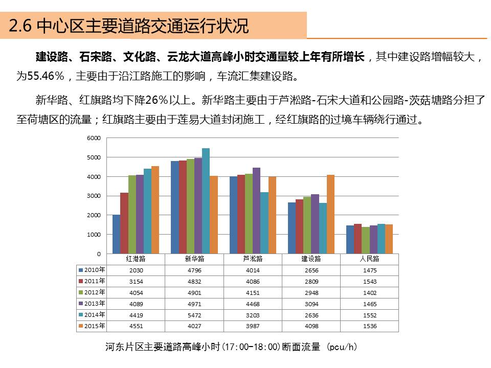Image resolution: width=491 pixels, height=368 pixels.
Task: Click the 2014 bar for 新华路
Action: (x=206, y=201)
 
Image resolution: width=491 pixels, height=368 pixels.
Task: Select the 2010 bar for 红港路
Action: (x=116, y=234)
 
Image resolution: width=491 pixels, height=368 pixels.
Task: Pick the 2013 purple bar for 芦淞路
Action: (x=256, y=211)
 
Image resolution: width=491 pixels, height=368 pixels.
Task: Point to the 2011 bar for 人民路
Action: (x=358, y=239)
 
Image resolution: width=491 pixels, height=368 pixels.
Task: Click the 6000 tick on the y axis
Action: (x=94, y=138)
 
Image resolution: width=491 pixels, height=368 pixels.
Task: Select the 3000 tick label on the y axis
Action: (x=94, y=196)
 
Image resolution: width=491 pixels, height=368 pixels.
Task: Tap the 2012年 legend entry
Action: (x=92, y=292)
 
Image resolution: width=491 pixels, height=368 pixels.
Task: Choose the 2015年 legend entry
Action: (x=92, y=326)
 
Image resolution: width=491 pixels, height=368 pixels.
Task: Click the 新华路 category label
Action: (x=194, y=259)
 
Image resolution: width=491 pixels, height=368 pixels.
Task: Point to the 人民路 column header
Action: (x=369, y=259)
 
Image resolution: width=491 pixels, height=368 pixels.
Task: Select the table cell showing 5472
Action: (x=194, y=315)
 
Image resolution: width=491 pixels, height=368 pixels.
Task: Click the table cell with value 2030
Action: (x=136, y=270)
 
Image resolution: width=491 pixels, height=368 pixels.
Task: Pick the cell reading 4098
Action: (x=311, y=327)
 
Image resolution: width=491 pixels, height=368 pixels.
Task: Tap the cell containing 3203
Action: (x=253, y=315)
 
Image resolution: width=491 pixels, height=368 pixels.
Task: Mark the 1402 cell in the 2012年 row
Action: (x=369, y=293)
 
